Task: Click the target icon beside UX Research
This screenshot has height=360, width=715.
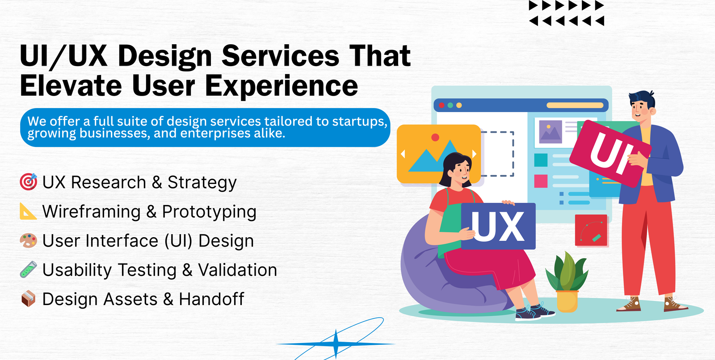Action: pos(29,182)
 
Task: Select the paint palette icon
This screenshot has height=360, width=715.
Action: pos(29,241)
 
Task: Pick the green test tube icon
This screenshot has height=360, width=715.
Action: pos(29,270)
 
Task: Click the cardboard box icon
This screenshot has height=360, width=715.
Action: pos(29,299)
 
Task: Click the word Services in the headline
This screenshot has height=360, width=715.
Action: pos(280,56)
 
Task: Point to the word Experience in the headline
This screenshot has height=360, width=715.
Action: pos(281,87)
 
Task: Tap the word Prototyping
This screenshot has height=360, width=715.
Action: pos(209,212)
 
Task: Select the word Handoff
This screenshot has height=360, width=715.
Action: pos(211,299)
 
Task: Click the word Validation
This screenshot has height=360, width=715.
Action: pos(237,270)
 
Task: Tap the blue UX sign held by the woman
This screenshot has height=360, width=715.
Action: pos(498,226)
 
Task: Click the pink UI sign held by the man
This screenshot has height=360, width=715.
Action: pos(610,154)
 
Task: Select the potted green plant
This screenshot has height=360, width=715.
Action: pos(567,281)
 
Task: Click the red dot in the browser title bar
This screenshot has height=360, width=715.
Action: pos(442,105)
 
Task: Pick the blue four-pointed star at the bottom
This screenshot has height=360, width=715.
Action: pos(336,344)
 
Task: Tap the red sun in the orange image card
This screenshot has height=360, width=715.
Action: pos(435,137)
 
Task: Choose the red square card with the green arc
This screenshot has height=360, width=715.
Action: pos(591,230)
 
